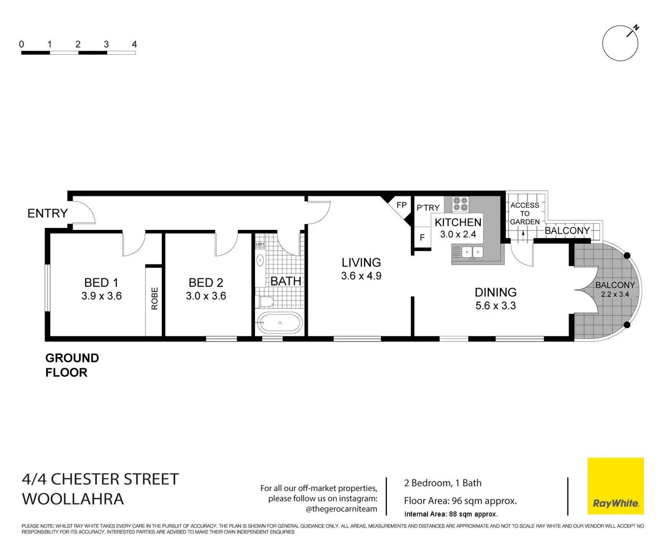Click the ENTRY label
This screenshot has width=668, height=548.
47,214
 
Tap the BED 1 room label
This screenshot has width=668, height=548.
101,283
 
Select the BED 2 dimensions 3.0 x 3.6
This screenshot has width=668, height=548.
206,296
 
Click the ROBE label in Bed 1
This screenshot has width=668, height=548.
154,298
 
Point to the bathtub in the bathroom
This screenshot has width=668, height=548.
279,323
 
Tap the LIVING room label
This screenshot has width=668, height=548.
361,262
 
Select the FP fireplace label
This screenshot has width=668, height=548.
401,205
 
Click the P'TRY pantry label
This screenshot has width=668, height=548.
428,208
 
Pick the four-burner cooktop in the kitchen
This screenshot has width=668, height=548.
461,204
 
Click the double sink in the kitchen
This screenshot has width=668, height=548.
473,252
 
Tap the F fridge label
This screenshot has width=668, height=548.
422,238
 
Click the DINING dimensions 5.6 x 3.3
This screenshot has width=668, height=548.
496,306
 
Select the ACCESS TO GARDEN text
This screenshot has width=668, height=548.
524,214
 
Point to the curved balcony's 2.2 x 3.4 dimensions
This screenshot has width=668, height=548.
615,294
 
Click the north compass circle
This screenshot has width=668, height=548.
620,44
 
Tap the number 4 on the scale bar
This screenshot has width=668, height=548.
134,45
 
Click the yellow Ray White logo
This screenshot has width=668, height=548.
615,486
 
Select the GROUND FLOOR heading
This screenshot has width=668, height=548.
72,365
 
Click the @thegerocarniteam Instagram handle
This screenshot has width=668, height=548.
341,509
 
